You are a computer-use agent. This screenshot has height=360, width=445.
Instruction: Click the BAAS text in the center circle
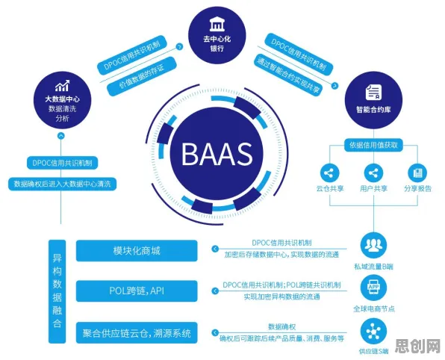click(217, 154)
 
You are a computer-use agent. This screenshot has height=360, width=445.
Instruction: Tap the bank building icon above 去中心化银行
click(217, 24)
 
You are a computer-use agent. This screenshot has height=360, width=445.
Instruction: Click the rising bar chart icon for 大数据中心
click(63, 86)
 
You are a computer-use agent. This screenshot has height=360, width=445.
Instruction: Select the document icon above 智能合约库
click(373, 93)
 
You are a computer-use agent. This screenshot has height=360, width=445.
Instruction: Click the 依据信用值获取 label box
click(373, 145)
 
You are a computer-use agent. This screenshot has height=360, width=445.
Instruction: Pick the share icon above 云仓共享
click(329, 173)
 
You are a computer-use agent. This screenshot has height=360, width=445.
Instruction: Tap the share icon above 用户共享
click(373, 173)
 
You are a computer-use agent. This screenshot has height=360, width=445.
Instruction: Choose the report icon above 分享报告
click(417, 173)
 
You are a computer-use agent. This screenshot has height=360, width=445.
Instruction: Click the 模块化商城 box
click(137, 251)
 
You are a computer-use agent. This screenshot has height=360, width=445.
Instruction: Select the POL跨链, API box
click(137, 291)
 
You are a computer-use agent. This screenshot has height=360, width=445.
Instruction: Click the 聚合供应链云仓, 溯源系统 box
click(137, 333)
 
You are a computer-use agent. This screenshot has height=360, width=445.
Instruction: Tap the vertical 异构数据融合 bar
click(57, 291)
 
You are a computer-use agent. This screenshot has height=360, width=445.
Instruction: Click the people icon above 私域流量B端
click(373, 245)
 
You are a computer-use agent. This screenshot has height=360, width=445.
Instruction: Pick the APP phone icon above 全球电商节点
click(373, 288)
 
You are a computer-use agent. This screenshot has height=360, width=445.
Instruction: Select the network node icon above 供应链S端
click(373, 332)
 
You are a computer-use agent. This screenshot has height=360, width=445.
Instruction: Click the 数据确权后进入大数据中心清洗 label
click(63, 184)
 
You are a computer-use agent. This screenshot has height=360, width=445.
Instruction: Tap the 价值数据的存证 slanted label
click(142, 76)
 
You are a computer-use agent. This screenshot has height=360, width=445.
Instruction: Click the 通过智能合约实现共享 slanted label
click(288, 75)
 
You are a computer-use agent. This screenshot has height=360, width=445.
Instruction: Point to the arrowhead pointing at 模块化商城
click(215, 249)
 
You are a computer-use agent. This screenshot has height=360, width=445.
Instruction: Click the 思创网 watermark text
click(417, 346)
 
